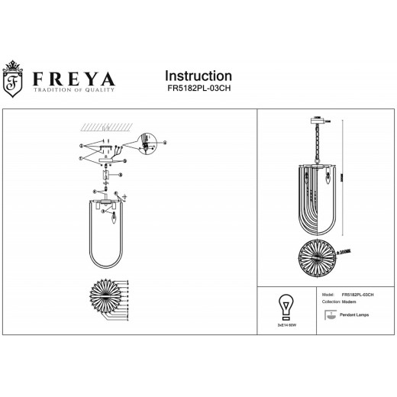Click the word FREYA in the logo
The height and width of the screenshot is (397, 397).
[x=75, y=79]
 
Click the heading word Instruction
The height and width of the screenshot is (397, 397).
[x=198, y=76]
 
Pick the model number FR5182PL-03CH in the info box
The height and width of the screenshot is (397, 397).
[x=357, y=293]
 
